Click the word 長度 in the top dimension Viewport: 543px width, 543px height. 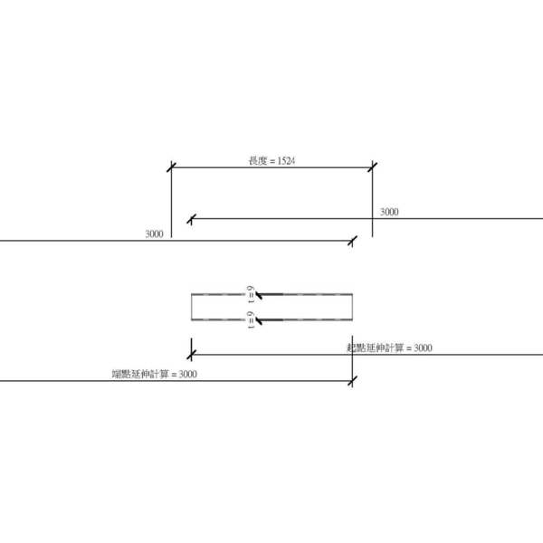(256, 161)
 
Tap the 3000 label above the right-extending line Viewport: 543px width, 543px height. (389, 212)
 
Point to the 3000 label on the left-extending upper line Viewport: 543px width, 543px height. (154, 233)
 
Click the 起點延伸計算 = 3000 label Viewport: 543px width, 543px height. (389, 348)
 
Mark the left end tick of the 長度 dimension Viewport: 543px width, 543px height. (171, 167)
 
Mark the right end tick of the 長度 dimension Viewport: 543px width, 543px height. (372, 167)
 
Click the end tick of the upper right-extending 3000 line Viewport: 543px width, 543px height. (191, 218)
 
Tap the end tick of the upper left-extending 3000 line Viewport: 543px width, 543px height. (353, 240)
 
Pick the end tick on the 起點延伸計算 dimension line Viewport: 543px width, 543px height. (191, 354)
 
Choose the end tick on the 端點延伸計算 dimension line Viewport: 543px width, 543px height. (352, 380)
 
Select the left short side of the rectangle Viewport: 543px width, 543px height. (191, 308)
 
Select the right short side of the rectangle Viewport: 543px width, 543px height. (352, 308)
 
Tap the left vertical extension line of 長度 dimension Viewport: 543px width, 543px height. (171, 204)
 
